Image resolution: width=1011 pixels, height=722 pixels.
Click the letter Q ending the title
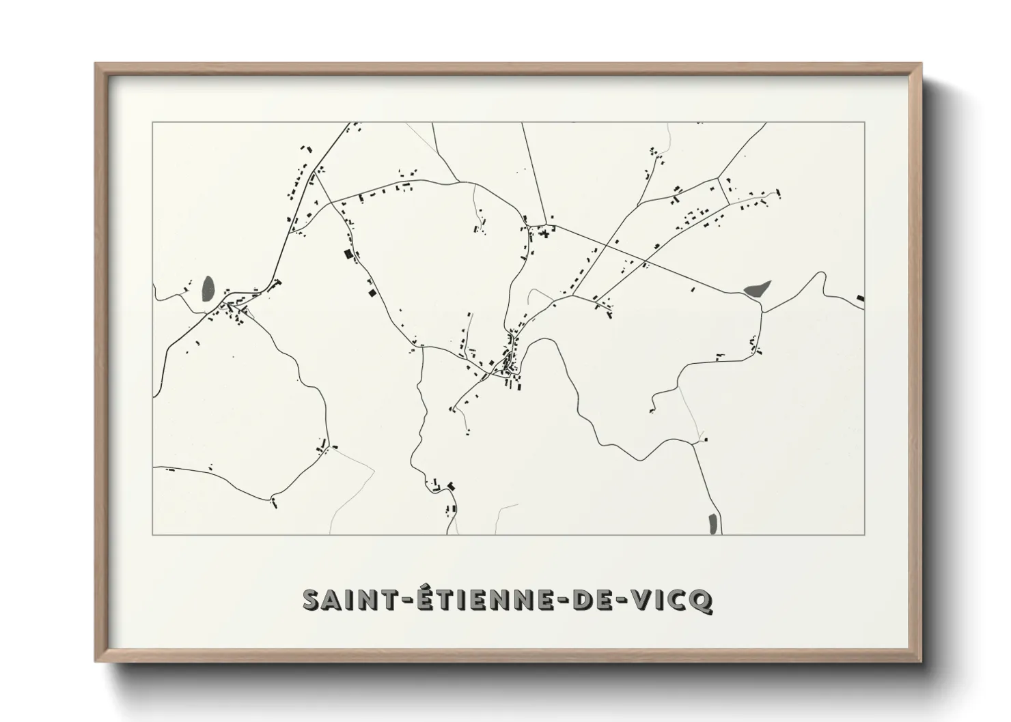(703, 600)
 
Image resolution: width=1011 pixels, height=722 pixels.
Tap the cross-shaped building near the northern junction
(544, 233)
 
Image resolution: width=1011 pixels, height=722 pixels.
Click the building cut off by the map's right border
(860, 298)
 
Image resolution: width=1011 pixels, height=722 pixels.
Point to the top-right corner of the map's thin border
(865, 122)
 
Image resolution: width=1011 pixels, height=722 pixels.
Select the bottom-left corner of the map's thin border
(152, 534)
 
